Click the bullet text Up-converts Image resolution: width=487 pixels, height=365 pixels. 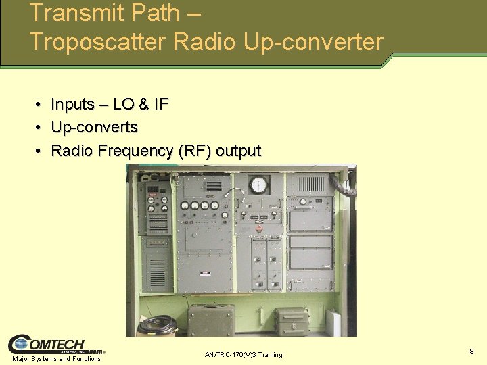[95, 127]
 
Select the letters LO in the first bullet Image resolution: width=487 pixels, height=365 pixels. [124, 104]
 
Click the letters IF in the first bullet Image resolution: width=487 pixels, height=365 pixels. [161, 104]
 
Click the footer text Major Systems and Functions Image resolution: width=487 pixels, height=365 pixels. [57, 359]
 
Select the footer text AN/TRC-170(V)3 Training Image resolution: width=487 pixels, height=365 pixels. [243, 355]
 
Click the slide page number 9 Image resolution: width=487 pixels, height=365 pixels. [471, 351]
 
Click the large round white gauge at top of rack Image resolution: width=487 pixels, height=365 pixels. [258, 185]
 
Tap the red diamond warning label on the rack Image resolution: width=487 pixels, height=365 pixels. [258, 230]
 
